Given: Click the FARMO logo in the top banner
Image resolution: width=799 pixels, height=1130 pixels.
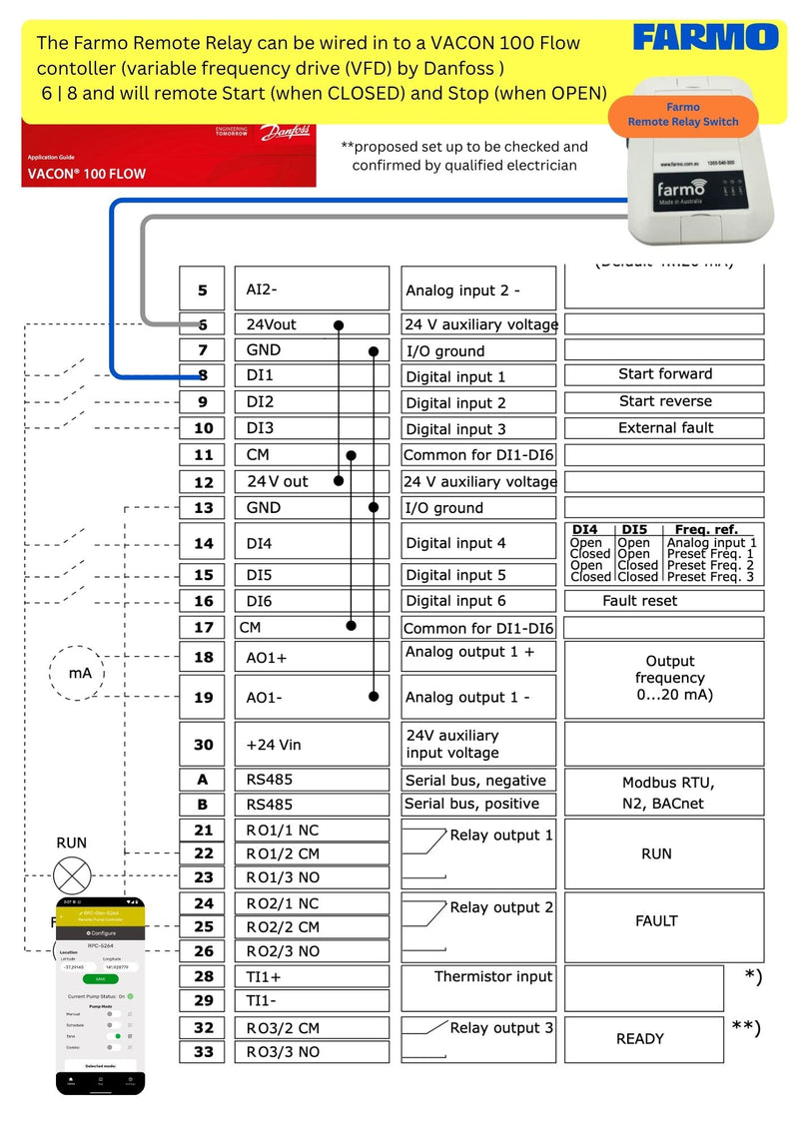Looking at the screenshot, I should [x=705, y=39].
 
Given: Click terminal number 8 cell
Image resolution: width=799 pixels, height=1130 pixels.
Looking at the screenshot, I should [x=203, y=376].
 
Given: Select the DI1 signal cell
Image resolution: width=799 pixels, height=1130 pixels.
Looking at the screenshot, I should [x=311, y=376].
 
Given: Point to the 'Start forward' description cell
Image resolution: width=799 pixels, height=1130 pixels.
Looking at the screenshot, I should [x=664, y=374].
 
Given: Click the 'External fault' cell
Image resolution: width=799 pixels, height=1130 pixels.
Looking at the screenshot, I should [x=664, y=428].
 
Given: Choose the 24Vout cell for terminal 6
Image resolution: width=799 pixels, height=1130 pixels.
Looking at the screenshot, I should [x=311, y=324].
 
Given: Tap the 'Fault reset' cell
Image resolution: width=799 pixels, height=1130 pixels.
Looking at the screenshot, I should [x=664, y=601].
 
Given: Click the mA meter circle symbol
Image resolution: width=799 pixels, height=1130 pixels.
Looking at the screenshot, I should [x=80, y=674].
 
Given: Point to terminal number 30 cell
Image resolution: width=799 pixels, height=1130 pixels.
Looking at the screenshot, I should [x=203, y=745].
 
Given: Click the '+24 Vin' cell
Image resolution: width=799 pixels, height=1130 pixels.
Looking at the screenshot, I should [x=311, y=745].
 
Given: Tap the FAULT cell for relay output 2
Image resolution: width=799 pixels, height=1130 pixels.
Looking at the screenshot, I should [x=664, y=921].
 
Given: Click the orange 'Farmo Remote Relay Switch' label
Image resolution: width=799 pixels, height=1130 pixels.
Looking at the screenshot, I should [x=683, y=115].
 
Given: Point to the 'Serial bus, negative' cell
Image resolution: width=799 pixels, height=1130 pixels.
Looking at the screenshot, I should [x=478, y=781].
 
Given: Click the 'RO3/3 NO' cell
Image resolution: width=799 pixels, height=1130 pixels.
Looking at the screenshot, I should [x=311, y=1052].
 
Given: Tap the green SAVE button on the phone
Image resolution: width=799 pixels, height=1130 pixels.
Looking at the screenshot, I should [x=100, y=979].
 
